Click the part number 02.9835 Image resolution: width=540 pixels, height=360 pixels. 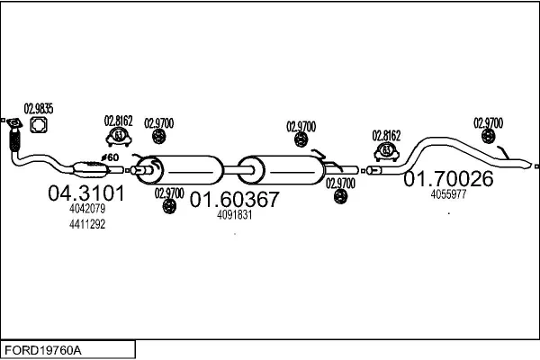click(38, 109)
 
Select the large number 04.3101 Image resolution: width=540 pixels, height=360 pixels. click(80, 193)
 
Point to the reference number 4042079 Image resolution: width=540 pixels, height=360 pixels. click(87, 209)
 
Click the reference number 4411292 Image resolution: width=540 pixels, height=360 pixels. click(87, 224)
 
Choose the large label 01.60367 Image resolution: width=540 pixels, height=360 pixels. click(234, 200)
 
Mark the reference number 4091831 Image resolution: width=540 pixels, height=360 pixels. click(235, 215)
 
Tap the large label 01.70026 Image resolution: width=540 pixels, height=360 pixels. click(447, 179)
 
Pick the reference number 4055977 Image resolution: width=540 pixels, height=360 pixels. click(448, 194)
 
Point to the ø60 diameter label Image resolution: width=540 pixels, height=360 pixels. click(112, 157)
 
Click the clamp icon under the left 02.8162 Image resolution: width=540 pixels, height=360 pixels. click(118, 137)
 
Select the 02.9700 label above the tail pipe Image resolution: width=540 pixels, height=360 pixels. click(488, 122)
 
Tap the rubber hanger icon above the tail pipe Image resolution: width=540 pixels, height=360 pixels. click(488, 137)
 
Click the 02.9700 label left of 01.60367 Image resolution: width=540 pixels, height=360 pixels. click(168, 193)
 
